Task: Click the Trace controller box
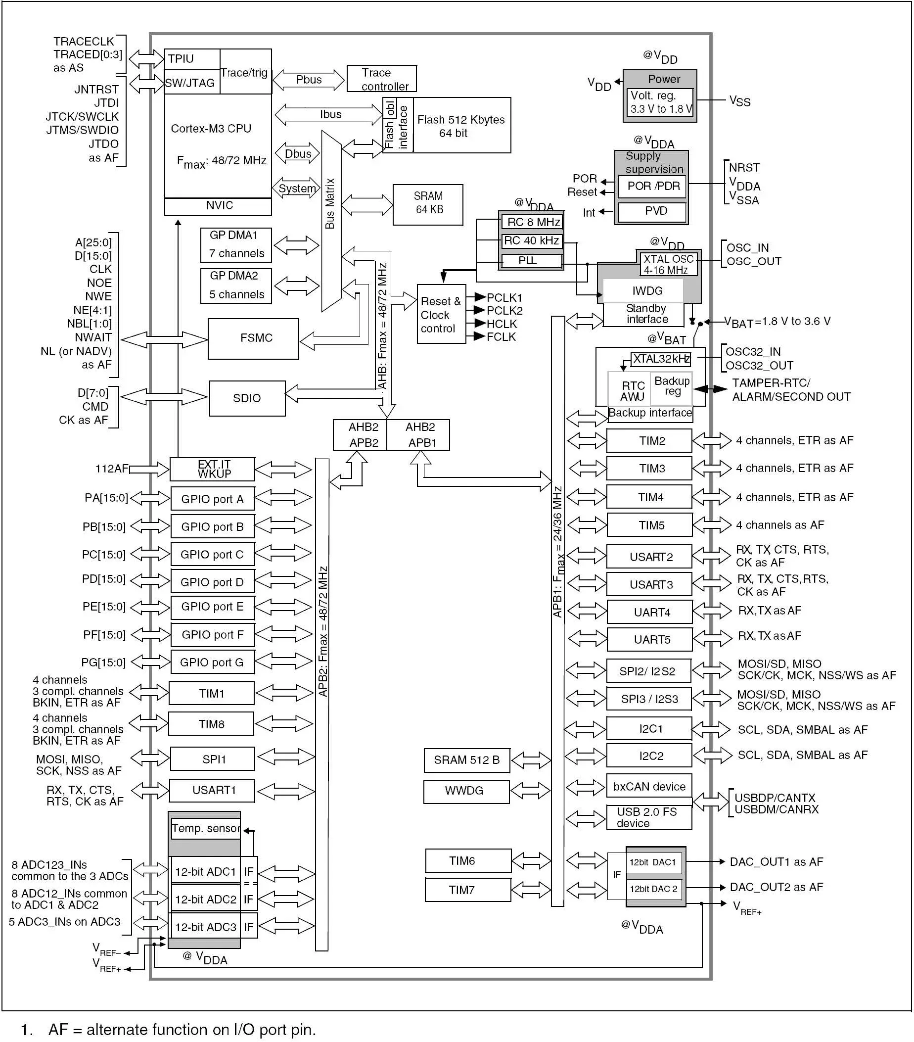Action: [x=381, y=79]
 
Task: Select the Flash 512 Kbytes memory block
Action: [x=460, y=126]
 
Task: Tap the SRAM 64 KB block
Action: [x=428, y=204]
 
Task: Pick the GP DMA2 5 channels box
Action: [x=235, y=285]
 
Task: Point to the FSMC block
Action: [x=253, y=338]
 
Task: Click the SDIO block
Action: [x=247, y=398]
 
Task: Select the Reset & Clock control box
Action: [x=441, y=315]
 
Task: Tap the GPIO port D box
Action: [x=212, y=582]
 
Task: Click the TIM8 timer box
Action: [x=211, y=724]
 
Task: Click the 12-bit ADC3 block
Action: [x=205, y=927]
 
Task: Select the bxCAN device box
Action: [x=648, y=787]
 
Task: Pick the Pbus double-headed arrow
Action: [x=309, y=80]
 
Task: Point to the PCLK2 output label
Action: [x=504, y=310]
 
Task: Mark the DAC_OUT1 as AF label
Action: [x=776, y=861]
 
